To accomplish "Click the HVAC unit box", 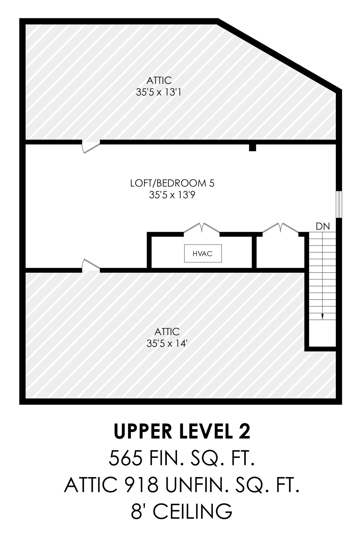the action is point(203,253).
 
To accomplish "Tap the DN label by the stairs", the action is point(323,226).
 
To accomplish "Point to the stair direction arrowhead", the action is point(322,316).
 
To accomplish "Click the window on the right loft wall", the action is point(339,204).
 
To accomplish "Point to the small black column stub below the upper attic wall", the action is point(253,148).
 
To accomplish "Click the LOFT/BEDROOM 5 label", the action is point(172,183).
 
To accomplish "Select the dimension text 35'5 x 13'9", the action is point(172,195).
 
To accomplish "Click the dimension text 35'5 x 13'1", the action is point(158,92).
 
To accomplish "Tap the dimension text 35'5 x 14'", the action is point(167,343).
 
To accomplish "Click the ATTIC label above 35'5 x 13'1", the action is point(159,80).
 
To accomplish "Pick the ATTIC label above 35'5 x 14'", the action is point(167,332).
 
